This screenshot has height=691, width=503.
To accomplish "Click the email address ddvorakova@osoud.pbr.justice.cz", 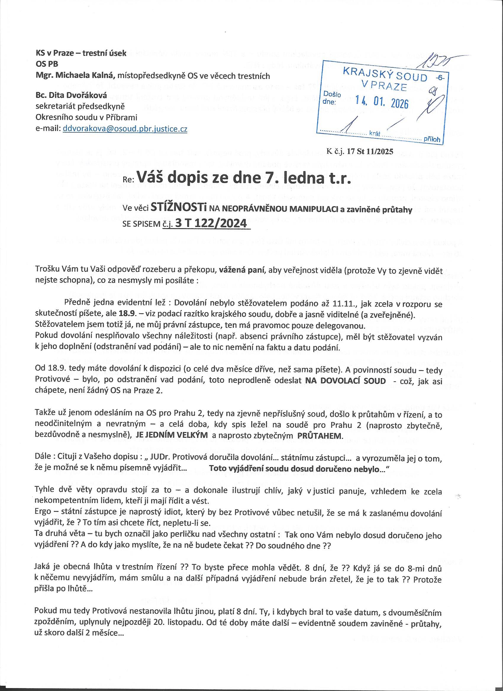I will pos(125,129).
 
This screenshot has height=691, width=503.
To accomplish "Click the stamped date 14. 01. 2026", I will pos(383,103).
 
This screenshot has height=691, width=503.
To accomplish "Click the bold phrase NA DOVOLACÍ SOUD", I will pos(345,381).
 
